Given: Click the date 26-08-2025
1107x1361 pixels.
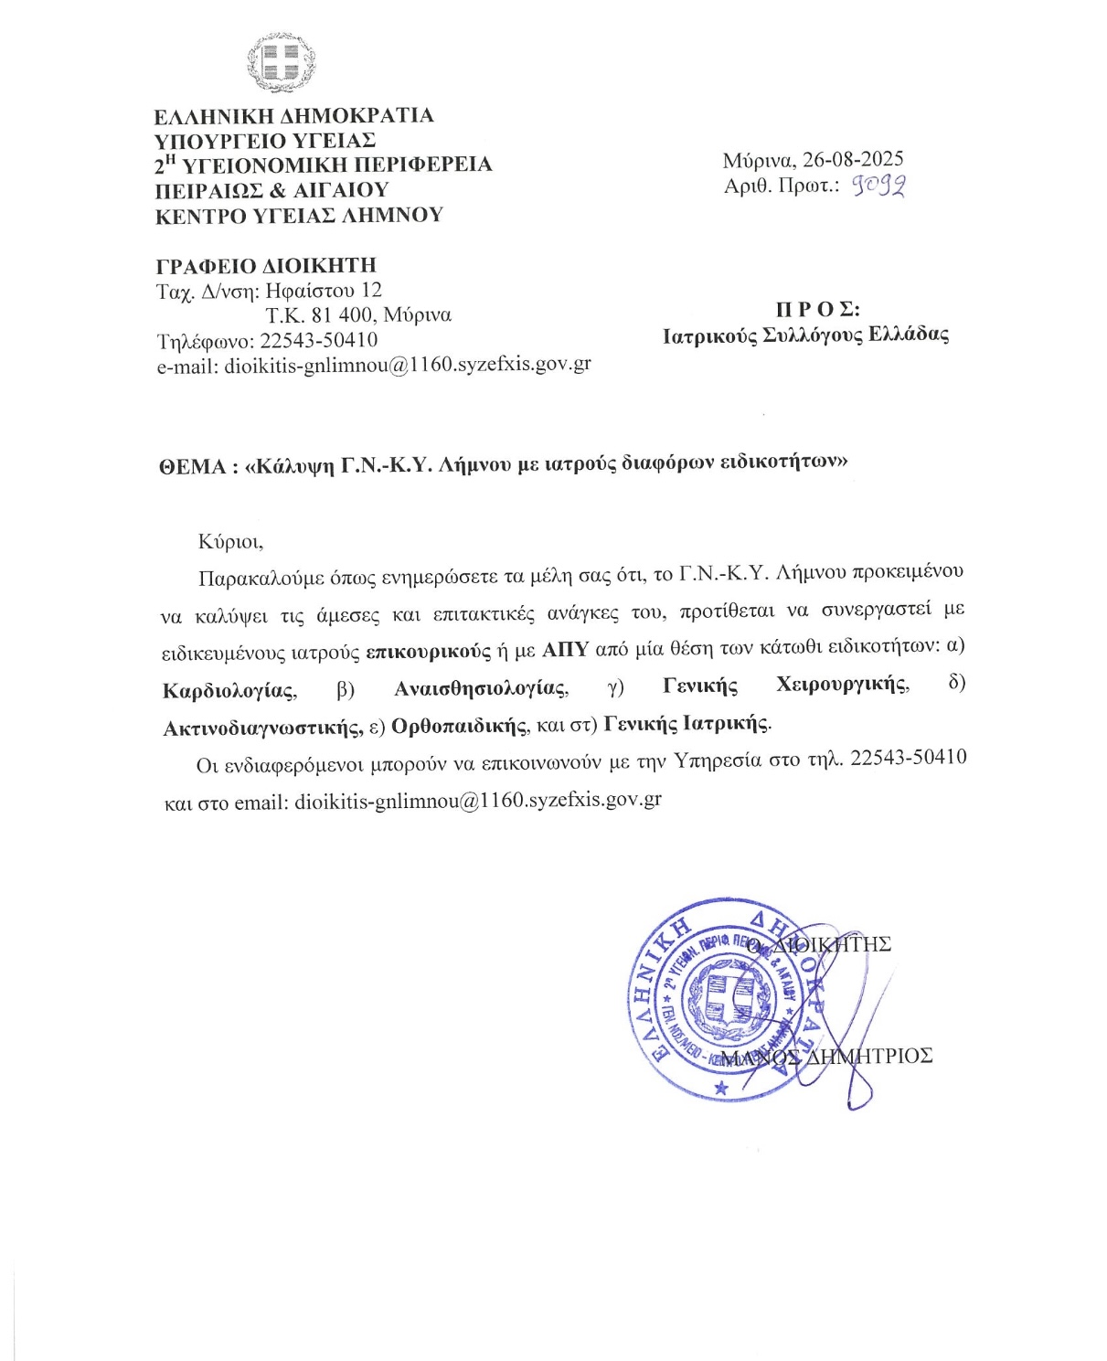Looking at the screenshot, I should coord(853,160).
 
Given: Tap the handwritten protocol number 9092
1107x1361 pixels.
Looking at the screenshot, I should coord(878,186).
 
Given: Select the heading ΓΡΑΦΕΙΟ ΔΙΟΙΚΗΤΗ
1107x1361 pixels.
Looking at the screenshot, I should coord(266,266).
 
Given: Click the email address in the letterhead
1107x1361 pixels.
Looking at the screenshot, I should coord(408,364).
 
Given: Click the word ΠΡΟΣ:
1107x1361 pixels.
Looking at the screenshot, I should coord(817,309).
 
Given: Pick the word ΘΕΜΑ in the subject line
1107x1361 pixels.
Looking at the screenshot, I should coord(193,467).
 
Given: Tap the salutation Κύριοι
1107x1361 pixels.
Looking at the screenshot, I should coord(230,541).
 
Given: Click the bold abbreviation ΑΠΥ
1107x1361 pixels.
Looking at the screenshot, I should coord(565,650).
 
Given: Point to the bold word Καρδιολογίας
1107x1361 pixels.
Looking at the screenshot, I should coord(229,690).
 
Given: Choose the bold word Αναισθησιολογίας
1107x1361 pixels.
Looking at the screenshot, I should coord(481,687).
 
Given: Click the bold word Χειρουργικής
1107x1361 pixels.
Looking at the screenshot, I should coord(842,685).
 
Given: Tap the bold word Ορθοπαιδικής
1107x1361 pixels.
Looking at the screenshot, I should coord(460,726).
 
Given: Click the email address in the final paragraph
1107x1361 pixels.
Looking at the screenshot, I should coord(478,800).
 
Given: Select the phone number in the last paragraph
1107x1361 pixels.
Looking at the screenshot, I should coord(908,758).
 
